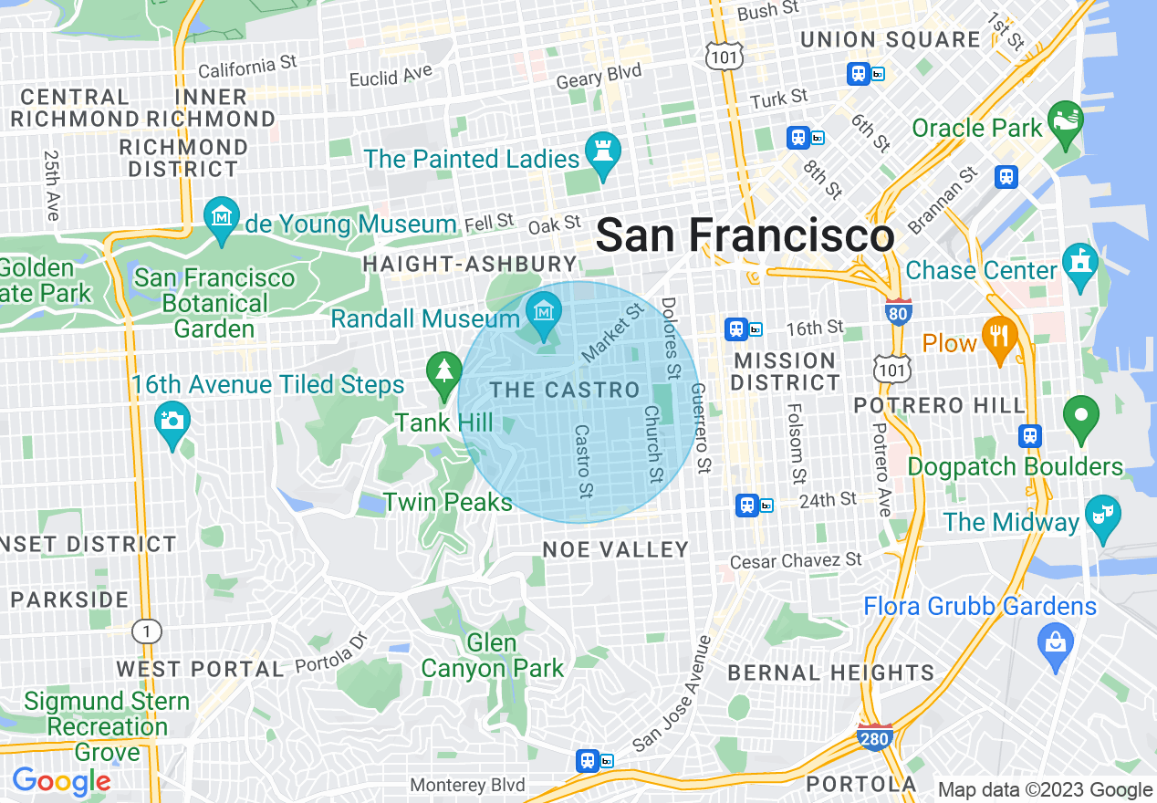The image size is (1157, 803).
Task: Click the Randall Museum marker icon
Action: pyautogui.click(x=544, y=313)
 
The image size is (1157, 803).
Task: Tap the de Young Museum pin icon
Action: pyautogui.click(x=221, y=218)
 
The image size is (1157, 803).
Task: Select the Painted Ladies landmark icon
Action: pyautogui.click(x=602, y=154)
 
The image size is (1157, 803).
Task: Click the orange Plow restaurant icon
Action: pyautogui.click(x=1000, y=339)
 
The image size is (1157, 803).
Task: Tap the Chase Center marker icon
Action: pyautogui.click(x=1081, y=266)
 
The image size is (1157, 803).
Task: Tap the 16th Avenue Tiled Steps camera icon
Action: pyautogui.click(x=172, y=422)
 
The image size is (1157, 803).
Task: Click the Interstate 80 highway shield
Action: pyautogui.click(x=898, y=313)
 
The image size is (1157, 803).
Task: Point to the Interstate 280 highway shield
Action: pyautogui.click(x=874, y=737)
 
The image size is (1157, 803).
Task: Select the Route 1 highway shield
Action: pyautogui.click(x=145, y=631)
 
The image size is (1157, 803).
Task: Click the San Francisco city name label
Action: pyautogui.click(x=745, y=235)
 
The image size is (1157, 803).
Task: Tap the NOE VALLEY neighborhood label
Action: pyautogui.click(x=616, y=549)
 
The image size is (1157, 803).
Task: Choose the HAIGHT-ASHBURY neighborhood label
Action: pyautogui.click(x=470, y=265)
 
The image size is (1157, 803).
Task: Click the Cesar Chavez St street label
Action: pyautogui.click(x=796, y=560)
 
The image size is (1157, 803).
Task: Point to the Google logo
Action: pyautogui.click(x=61, y=781)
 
